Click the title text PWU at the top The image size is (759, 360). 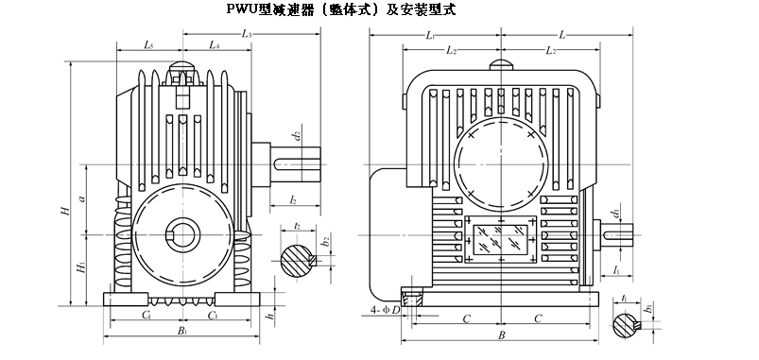[x=243, y=9]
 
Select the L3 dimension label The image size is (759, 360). [x=247, y=33]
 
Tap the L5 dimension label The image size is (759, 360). [x=148, y=45]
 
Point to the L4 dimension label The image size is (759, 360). [x=215, y=45]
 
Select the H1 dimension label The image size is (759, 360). [x=81, y=267]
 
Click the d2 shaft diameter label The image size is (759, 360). [x=298, y=136]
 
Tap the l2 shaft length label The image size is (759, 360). [x=293, y=199]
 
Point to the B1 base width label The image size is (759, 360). [x=182, y=331]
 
